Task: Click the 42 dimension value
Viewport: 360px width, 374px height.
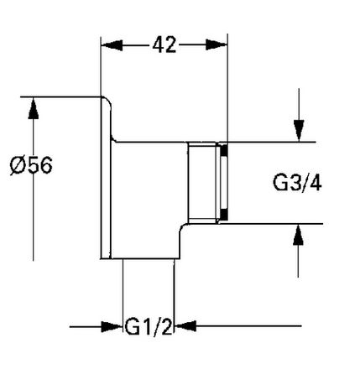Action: [x=164, y=44]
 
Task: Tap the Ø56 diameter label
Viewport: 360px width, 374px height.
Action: [x=31, y=165]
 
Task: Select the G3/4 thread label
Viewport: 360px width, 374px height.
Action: [x=297, y=183]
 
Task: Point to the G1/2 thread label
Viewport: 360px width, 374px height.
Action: [x=149, y=326]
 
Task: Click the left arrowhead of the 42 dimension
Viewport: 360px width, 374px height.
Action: [x=112, y=45]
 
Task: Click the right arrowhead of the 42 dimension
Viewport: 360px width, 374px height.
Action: [x=217, y=44]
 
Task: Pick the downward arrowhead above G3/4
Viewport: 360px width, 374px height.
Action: [x=299, y=131]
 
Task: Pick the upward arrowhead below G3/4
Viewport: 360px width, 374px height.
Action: [x=298, y=235]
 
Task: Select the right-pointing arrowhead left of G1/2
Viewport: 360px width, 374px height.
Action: [x=112, y=326]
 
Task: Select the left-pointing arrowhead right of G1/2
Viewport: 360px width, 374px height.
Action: [x=185, y=326]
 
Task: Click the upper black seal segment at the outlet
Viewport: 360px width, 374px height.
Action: [x=224, y=151]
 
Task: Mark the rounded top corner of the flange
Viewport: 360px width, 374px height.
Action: [x=108, y=100]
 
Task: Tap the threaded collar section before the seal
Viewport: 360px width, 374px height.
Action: [x=202, y=183]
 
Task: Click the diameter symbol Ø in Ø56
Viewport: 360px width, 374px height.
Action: [x=17, y=165]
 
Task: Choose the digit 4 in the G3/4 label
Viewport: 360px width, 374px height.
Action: [x=316, y=184]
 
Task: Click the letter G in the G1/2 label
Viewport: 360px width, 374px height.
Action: [x=132, y=326]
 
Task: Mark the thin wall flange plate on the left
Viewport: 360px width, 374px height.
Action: [x=106, y=179]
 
